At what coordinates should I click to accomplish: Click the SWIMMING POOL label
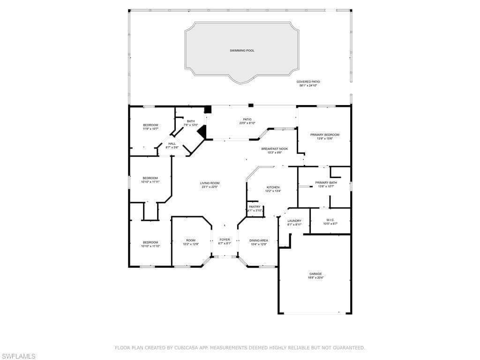point(242,51)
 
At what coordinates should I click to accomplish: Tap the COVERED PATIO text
point(308,82)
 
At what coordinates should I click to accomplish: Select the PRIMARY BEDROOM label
point(324,135)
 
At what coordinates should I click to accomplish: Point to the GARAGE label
point(315,274)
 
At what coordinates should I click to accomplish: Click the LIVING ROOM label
point(210,183)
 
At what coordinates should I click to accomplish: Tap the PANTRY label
point(255,207)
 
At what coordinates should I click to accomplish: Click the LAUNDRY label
point(294,221)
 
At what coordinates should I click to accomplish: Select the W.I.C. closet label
point(330,220)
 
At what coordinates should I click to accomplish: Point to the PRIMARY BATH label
point(326,183)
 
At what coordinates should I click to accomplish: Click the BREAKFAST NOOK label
point(274,149)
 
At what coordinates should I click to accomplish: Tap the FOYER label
point(225,240)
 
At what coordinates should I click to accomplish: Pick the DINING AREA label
point(258,240)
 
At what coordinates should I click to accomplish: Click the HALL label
point(172,144)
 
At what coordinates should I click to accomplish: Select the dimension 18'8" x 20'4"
point(315,277)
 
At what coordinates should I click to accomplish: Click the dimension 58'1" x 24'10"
point(308,86)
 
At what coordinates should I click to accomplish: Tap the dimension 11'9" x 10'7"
point(150,129)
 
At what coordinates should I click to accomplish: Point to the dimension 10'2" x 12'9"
point(190,244)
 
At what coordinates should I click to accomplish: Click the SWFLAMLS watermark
point(18,357)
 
